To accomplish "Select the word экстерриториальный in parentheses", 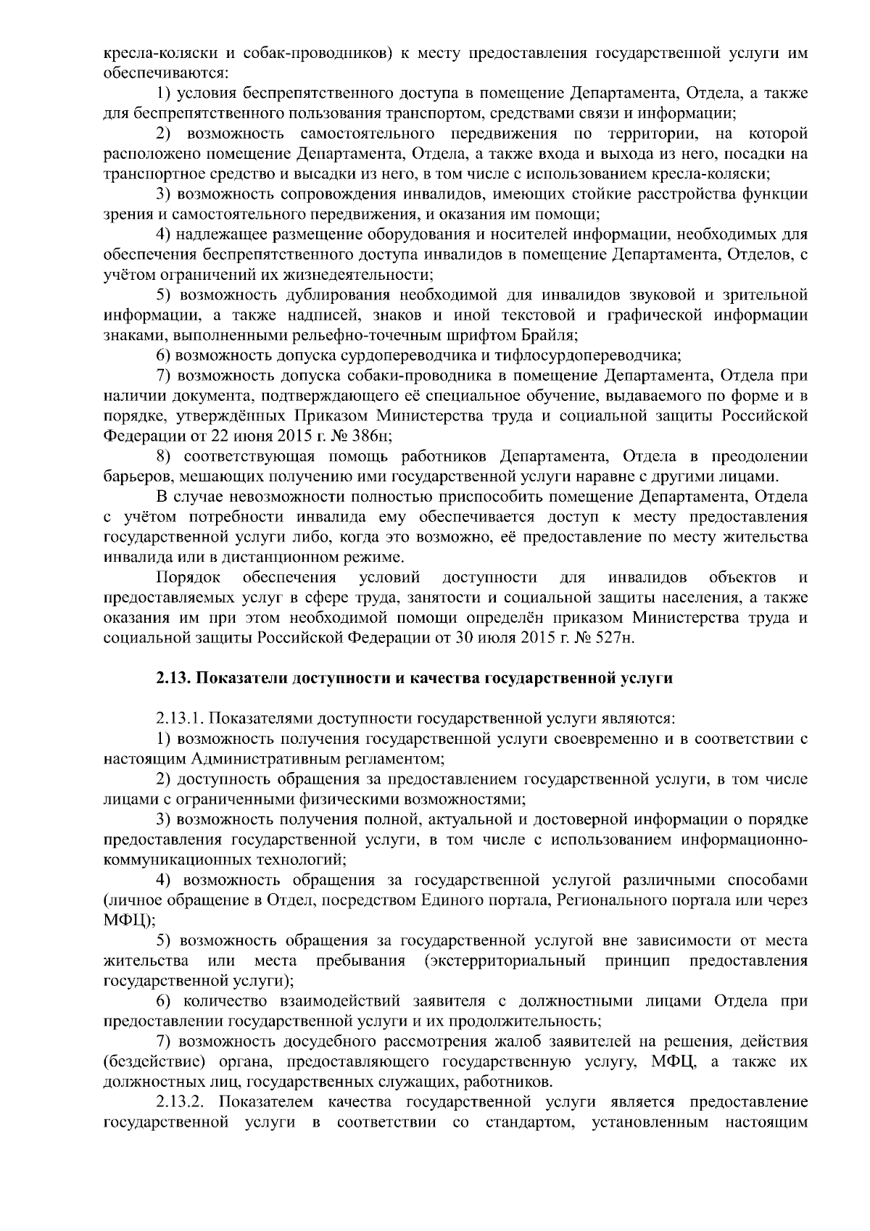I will pyautogui.click(x=510, y=961).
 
